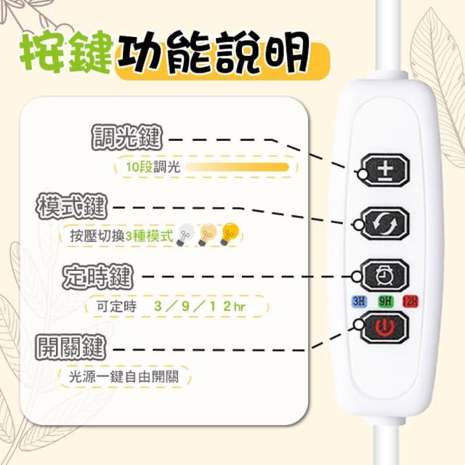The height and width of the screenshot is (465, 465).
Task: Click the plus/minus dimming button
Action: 386,170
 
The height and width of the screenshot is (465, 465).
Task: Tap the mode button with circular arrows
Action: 385,223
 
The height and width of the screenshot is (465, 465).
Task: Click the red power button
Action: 385,327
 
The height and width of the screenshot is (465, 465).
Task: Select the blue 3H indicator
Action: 359,302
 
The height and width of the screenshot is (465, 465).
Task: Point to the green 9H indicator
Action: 385,302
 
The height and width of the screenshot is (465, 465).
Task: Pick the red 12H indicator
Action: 411,302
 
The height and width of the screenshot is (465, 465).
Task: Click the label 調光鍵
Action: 127,137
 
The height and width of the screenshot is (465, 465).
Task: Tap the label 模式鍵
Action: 71,206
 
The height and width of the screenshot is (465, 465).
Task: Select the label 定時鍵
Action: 97,277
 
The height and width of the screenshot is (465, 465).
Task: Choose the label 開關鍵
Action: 70,347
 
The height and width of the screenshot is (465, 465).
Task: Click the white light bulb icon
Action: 185,235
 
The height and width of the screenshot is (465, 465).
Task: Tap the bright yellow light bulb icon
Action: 230,235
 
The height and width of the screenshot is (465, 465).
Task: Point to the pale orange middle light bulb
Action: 207,235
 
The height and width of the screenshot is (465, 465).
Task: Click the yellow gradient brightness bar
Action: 238,167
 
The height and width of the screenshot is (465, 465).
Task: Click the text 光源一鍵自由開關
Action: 124,377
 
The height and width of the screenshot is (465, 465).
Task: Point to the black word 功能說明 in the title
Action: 213,52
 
